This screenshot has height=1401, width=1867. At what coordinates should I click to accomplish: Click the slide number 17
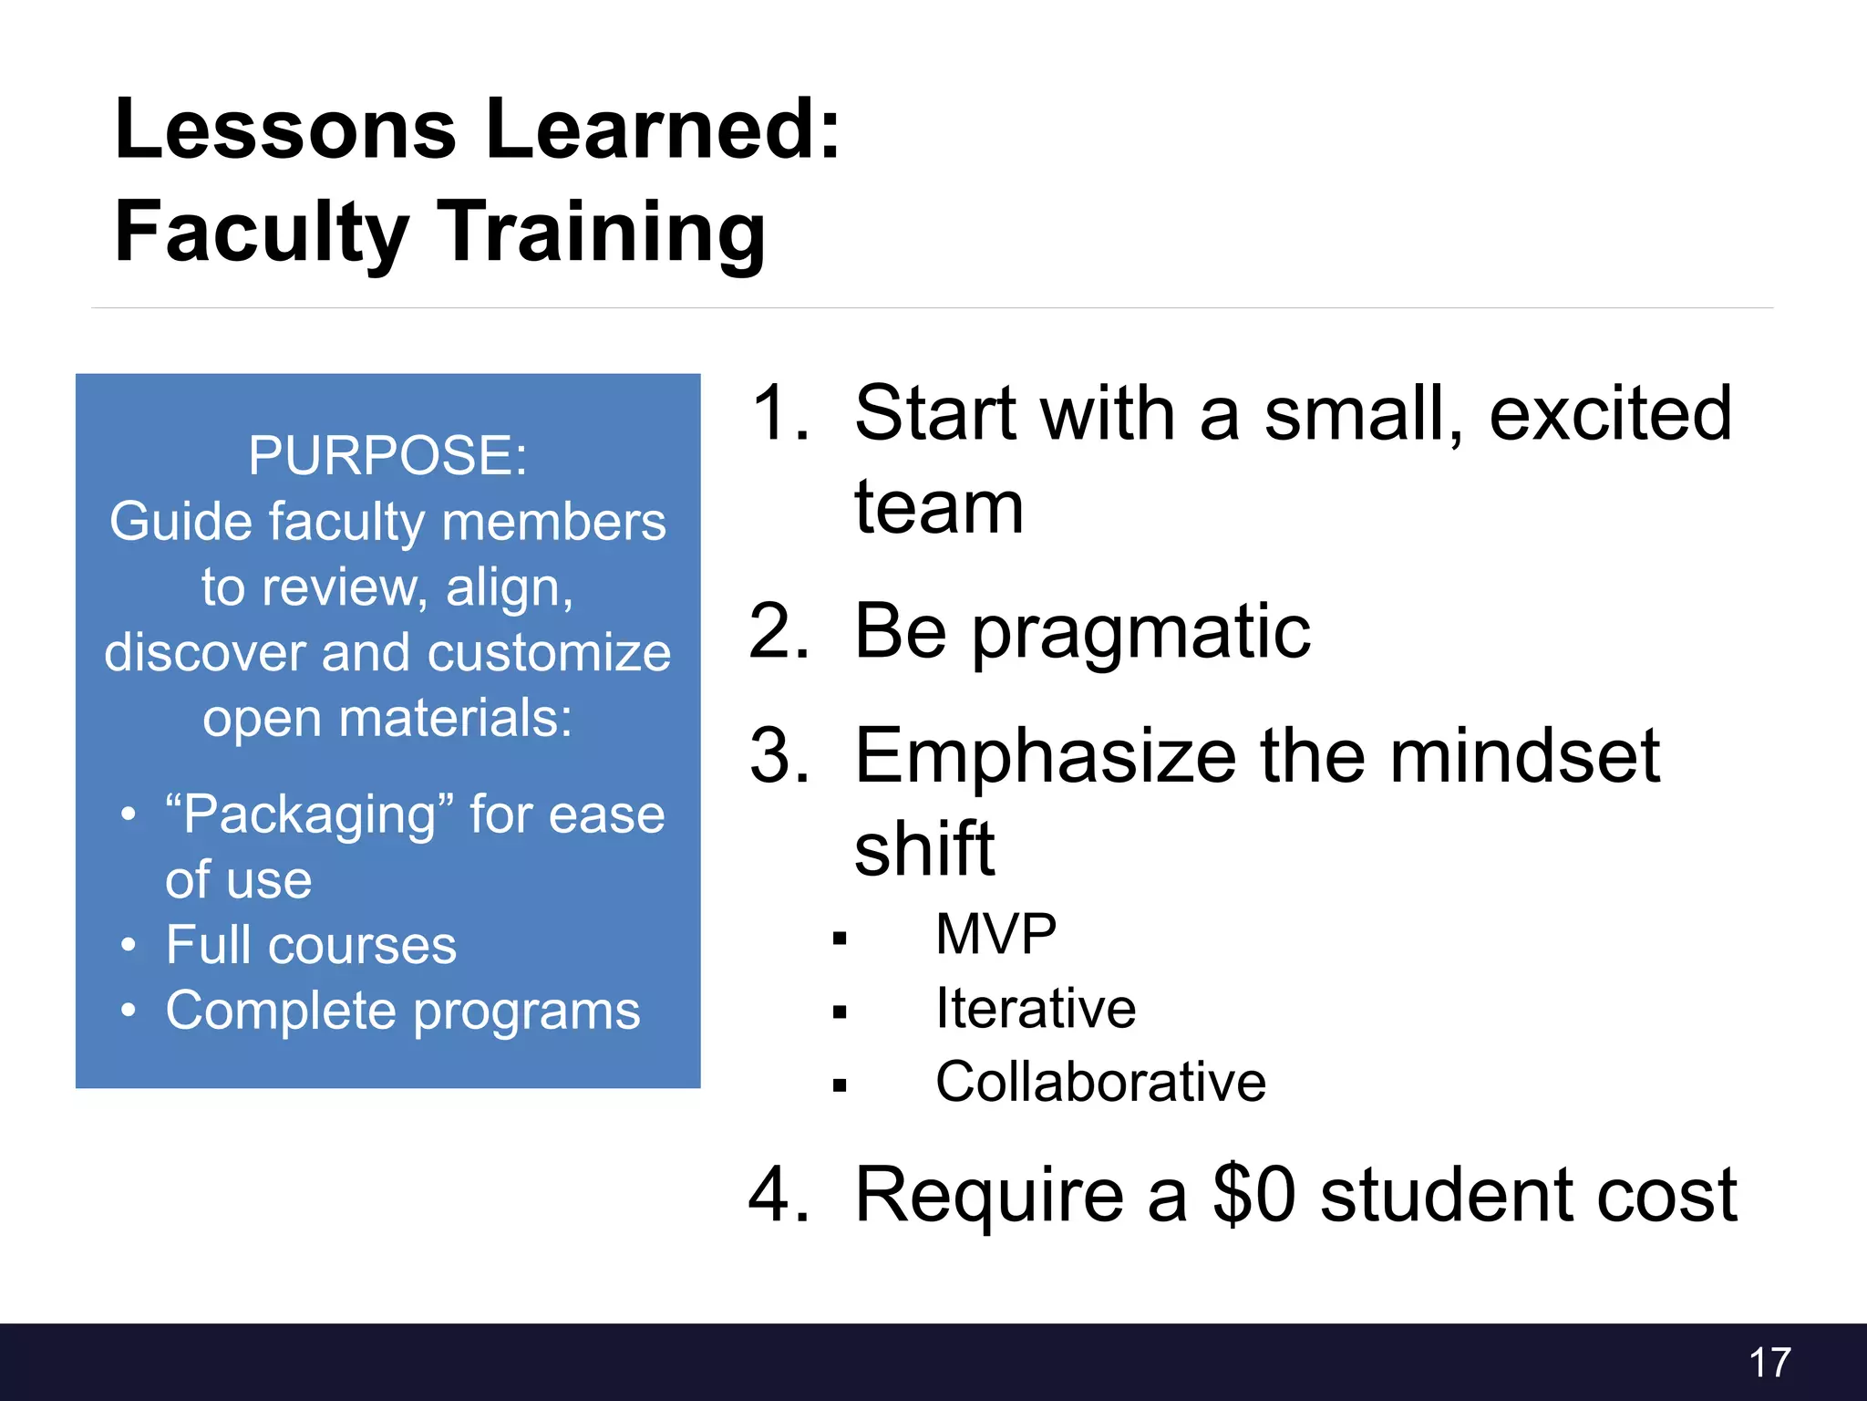[1769, 1363]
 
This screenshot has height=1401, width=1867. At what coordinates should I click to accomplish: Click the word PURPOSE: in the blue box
[387, 455]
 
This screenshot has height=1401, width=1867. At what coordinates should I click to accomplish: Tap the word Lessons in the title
[285, 130]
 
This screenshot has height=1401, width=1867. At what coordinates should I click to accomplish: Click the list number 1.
[778, 413]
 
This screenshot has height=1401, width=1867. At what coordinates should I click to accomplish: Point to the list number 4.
[778, 1195]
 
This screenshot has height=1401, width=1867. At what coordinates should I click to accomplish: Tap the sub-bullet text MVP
[995, 935]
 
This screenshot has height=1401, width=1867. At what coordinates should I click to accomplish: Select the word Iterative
[1036, 1009]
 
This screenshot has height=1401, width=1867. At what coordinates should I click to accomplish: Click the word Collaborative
[1100, 1083]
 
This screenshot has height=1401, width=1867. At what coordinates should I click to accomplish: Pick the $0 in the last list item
[1253, 1195]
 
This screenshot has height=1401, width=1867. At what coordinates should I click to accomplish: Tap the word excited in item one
[1610, 413]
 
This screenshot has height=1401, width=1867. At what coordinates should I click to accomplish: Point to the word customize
[549, 653]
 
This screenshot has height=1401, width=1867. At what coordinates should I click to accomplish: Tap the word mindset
[1524, 756]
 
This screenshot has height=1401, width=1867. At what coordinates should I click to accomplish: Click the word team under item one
[939, 508]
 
